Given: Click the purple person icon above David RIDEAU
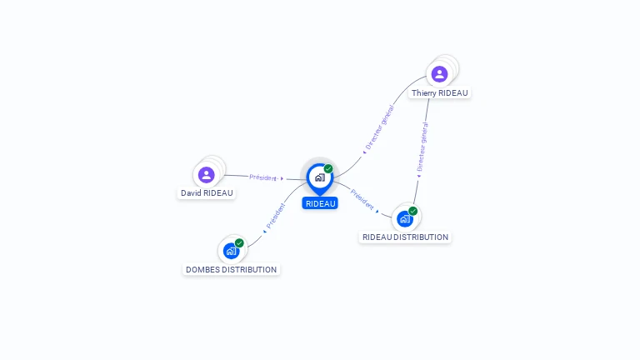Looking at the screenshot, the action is [x=207, y=175].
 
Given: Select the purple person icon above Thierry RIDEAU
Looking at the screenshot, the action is [x=440, y=74].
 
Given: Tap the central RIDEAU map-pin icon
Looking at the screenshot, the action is [x=320, y=179].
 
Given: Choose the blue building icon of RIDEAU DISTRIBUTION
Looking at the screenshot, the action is [x=405, y=219].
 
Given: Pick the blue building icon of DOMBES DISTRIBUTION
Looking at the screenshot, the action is [x=232, y=251].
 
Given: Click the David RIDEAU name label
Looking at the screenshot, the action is [x=207, y=193].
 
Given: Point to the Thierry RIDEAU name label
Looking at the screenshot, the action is [x=440, y=93].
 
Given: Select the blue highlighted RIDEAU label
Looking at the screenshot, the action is [x=320, y=203].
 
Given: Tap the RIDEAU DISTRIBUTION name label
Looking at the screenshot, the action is [x=405, y=237].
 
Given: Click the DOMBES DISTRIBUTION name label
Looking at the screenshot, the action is [x=232, y=269].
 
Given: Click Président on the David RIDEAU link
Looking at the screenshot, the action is [x=262, y=177].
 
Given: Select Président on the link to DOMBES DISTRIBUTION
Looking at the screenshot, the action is [x=276, y=216].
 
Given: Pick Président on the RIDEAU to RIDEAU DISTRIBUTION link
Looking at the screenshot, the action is [x=362, y=200].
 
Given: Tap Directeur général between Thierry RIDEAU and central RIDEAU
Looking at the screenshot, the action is [x=380, y=127].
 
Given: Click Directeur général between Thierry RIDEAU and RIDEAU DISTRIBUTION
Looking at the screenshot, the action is [x=422, y=147].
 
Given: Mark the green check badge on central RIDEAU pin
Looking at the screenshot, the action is [x=328, y=168].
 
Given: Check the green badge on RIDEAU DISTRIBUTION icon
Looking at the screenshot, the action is [x=413, y=211].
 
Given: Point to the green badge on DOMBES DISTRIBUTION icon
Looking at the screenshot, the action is [x=239, y=243].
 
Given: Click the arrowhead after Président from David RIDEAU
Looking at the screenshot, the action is [x=282, y=179].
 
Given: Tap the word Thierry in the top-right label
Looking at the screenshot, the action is [x=424, y=93].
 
